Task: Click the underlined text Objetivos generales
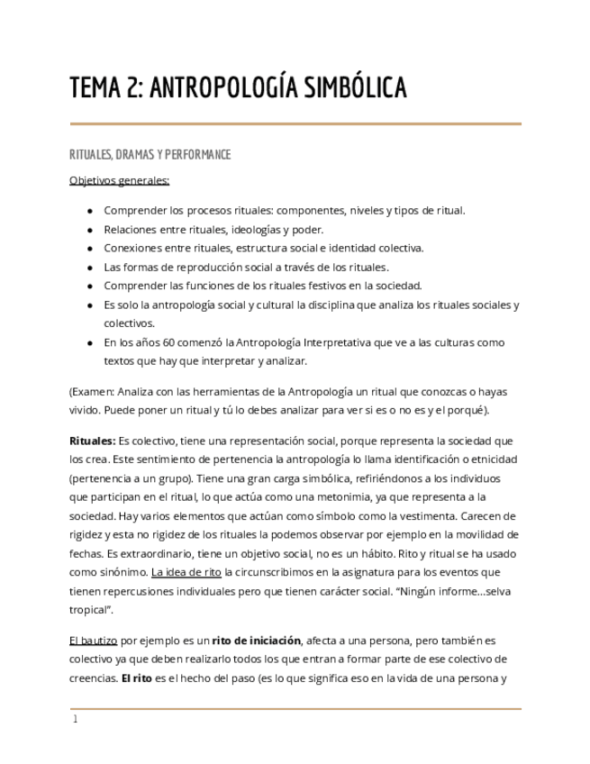tap(119, 180)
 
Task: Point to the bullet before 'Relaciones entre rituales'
tap(89, 230)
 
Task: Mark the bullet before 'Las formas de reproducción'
tap(89, 267)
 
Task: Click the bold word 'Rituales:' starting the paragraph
tap(93, 441)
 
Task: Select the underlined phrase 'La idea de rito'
tap(186, 572)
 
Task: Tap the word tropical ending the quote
tap(91, 610)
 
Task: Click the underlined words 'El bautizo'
tap(94, 641)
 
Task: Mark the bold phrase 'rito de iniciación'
tap(256, 641)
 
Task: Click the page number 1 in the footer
tap(76, 719)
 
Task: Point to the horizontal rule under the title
tap(295, 123)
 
